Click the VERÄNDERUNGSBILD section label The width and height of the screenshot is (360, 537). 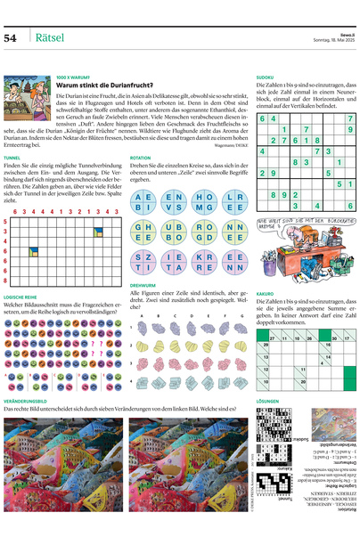click(x=27, y=402)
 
